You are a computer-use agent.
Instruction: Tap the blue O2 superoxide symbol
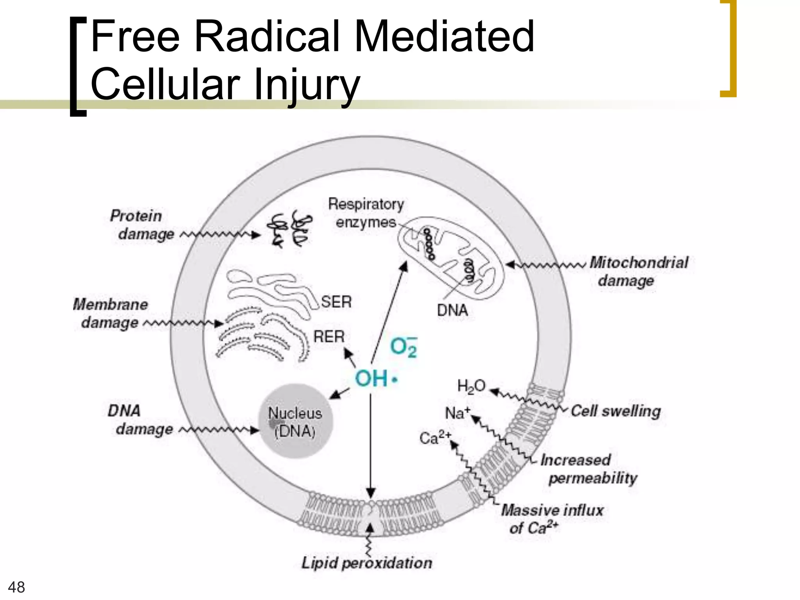(404, 347)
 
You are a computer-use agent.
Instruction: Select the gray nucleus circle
(296, 421)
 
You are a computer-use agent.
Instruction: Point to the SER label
(336, 302)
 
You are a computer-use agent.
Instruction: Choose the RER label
(329, 336)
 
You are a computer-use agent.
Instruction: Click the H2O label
(471, 386)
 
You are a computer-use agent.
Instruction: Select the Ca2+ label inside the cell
(435, 437)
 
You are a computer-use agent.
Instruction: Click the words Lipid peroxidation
(367, 563)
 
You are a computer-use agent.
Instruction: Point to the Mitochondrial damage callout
(638, 271)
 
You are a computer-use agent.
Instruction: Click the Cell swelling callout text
(616, 411)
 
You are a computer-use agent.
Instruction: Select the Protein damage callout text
(141, 225)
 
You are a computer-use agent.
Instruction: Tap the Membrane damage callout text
(111, 313)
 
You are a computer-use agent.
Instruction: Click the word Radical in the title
(266, 37)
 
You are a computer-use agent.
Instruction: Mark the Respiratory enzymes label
(366, 213)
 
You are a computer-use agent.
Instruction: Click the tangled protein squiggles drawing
(289, 231)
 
